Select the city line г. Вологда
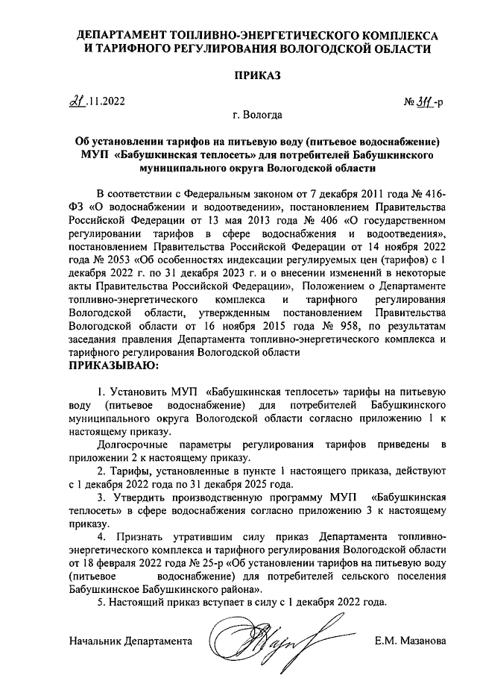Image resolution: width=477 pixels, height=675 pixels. tap(257, 115)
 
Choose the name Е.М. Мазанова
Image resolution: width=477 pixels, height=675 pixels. tap(411, 641)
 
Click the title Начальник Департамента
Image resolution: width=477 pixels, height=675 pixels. tap(130, 641)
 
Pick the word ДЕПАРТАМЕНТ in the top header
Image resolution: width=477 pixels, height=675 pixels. tap(121, 35)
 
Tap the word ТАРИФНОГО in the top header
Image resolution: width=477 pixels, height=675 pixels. tap(139, 48)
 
